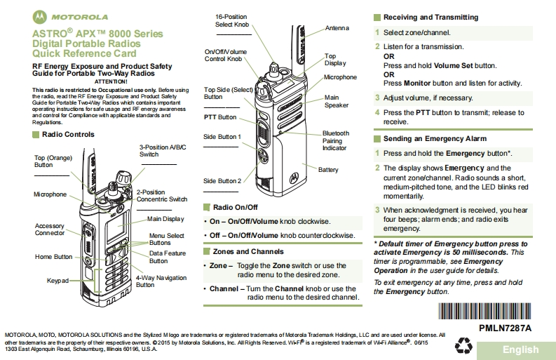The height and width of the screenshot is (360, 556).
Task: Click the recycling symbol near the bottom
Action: click(464, 345)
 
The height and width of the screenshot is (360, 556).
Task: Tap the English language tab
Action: click(520, 349)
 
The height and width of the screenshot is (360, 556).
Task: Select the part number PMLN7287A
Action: click(505, 328)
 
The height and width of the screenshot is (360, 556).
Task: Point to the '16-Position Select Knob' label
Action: click(232, 20)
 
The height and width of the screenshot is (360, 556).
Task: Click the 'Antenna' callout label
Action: click(337, 28)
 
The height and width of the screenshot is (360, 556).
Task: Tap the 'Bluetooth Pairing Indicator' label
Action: click(335, 140)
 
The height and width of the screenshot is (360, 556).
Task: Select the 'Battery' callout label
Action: click(328, 170)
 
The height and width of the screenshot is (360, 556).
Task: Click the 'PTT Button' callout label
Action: click(220, 117)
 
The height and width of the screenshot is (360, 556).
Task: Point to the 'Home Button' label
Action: click(53, 257)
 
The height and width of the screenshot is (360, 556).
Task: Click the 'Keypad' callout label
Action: click(57, 280)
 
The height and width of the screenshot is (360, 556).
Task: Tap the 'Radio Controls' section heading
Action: click(68, 134)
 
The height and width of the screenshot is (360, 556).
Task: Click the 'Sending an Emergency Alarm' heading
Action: click(435, 139)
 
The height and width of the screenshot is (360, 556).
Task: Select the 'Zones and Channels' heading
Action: click(248, 251)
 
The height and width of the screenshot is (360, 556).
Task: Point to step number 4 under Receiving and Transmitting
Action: click(377, 112)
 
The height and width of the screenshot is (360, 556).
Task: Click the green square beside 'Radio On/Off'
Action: click(206, 207)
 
